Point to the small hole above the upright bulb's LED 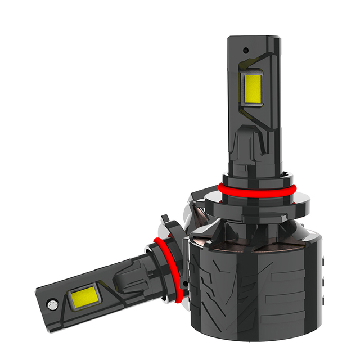click(x=246, y=51)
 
